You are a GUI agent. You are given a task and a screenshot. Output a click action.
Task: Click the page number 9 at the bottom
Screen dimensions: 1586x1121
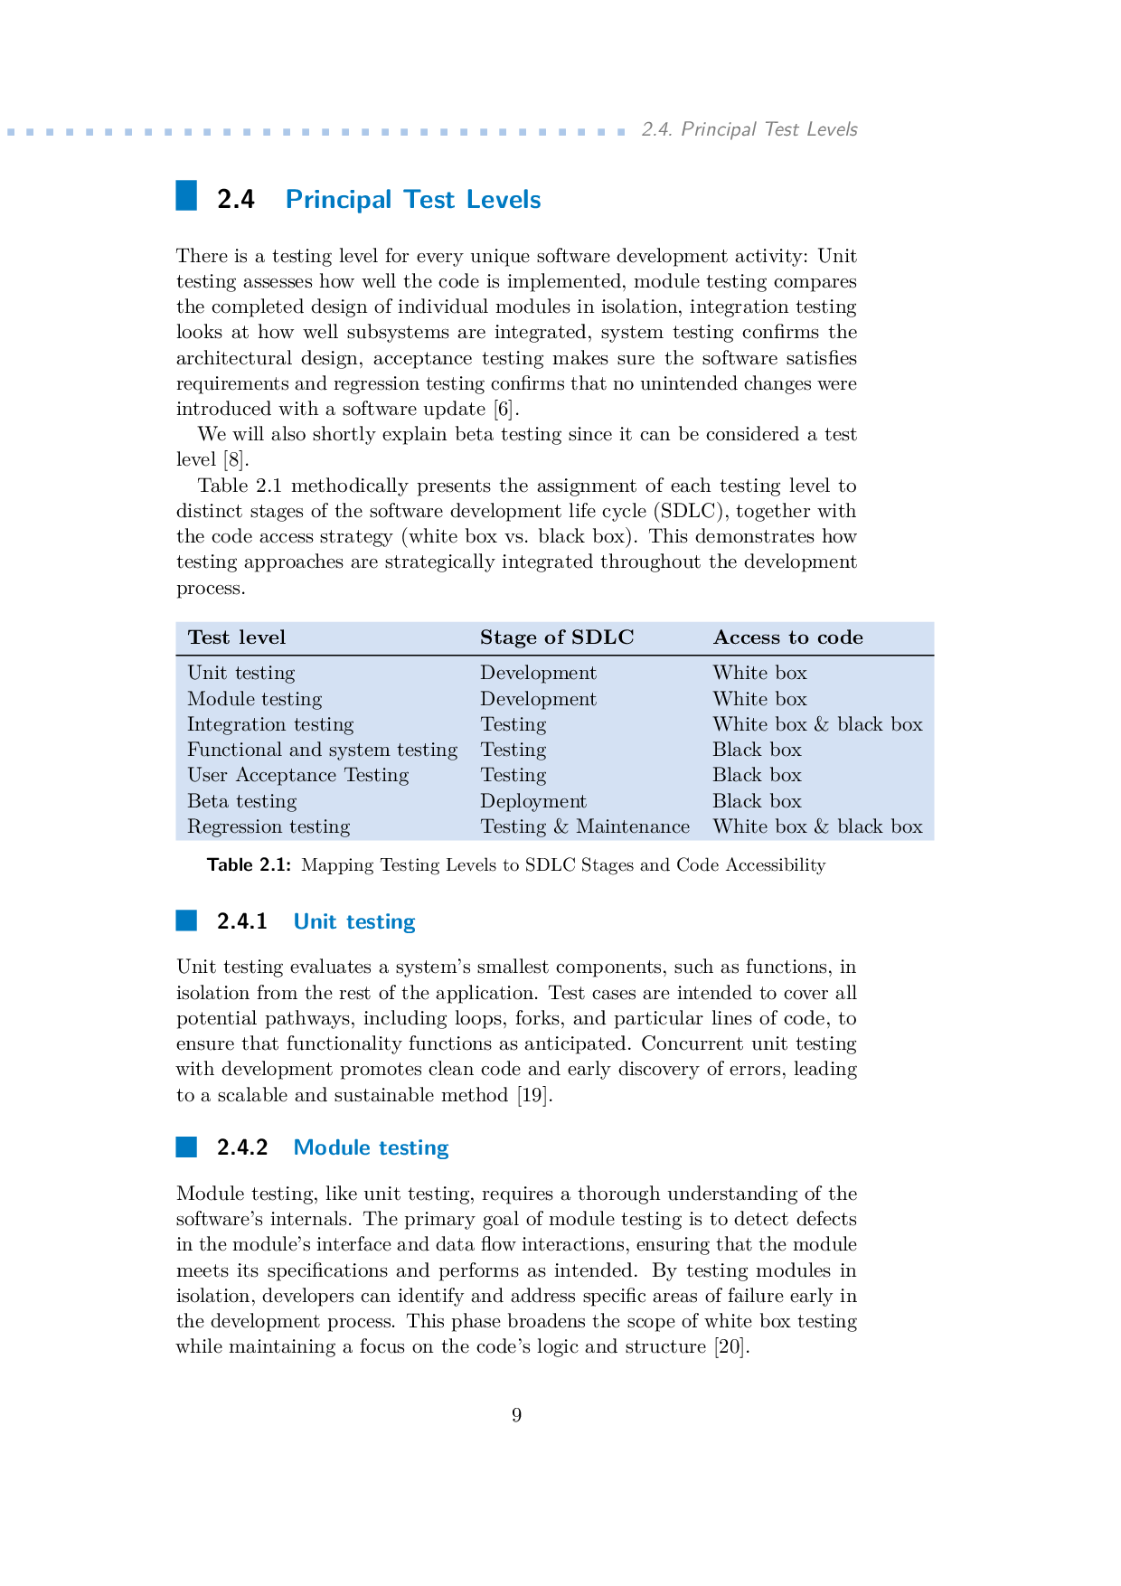click(x=516, y=1415)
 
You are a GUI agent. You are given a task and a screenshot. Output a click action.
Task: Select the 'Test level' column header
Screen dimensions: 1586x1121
click(x=236, y=637)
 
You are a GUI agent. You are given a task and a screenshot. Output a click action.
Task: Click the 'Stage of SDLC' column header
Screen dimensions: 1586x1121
click(x=556, y=637)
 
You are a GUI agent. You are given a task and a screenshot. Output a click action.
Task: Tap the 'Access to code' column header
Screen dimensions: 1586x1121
click(x=787, y=637)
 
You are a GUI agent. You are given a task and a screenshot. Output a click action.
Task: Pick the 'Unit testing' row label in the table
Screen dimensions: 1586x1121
click(x=240, y=673)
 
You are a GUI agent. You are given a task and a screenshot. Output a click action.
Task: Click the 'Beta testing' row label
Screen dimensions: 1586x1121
click(x=241, y=801)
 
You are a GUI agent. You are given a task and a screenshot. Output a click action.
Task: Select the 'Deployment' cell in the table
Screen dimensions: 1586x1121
click(x=532, y=801)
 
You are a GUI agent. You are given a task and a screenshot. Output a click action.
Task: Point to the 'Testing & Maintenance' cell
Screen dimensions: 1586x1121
click(x=584, y=826)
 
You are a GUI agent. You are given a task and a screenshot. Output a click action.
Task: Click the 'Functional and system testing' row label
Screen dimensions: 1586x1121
click(x=322, y=750)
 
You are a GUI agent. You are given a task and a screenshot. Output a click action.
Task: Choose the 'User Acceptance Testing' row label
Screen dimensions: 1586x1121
click(x=297, y=775)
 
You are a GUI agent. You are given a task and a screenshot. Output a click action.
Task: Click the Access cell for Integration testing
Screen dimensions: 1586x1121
click(x=816, y=724)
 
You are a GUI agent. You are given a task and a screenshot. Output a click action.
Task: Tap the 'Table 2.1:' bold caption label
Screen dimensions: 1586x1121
click(x=249, y=865)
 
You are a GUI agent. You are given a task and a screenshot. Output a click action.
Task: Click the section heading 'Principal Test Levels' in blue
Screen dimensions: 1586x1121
click(x=413, y=200)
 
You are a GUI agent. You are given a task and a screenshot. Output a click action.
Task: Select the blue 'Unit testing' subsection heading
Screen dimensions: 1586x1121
click(x=354, y=921)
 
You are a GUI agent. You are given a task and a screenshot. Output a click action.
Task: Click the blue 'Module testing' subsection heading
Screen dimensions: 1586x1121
click(x=371, y=1147)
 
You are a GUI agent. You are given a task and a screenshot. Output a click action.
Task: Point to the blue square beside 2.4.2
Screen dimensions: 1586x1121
click(x=186, y=1147)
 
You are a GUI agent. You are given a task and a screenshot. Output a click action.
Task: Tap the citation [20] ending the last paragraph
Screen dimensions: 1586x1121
click(x=731, y=1347)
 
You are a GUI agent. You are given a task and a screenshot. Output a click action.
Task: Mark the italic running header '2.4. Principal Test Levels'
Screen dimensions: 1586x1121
click(x=749, y=129)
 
